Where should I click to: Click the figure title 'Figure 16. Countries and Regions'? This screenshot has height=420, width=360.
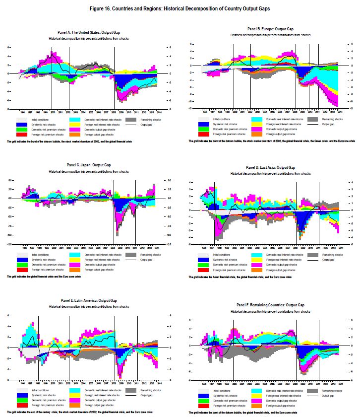(x=180, y=9)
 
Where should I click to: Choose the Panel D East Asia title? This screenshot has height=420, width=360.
(x=270, y=168)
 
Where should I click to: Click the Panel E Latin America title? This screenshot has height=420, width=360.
(x=88, y=300)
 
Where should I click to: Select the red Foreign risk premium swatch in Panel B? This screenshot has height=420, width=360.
(x=204, y=135)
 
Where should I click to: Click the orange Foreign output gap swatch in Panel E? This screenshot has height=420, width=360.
(x=76, y=405)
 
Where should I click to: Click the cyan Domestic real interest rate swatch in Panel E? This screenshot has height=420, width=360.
(x=76, y=391)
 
